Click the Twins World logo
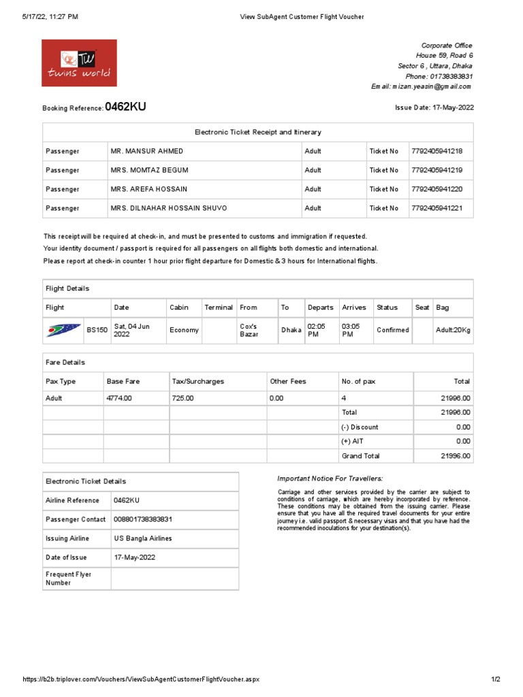(79, 63)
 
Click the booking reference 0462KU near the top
(125, 107)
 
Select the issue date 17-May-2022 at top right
(453, 108)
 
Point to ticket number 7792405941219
(437, 170)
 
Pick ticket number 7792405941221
(437, 208)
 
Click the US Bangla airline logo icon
(63, 330)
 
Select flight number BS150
(97, 330)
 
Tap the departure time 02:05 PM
(317, 330)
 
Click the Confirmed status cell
(393, 330)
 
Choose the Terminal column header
(219, 308)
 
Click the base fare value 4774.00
(119, 398)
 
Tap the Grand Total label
(360, 456)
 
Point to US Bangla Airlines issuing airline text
(143, 538)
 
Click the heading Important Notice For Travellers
(330, 479)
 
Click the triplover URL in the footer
(141, 679)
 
